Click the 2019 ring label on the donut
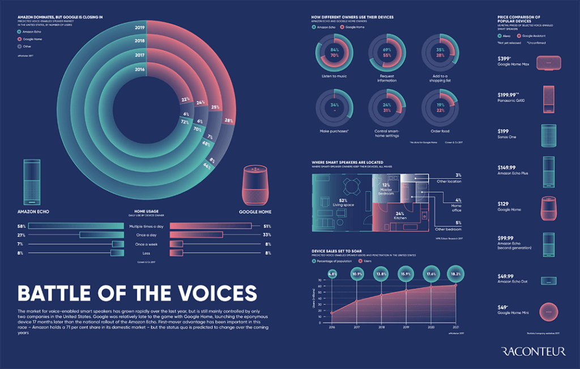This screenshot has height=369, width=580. pos(139,27)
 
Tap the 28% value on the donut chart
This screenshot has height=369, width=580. pos(228,121)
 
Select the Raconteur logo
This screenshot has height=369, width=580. pos(534,352)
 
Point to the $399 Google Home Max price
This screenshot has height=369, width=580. pos(504,58)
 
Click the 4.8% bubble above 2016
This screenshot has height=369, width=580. pos(332,274)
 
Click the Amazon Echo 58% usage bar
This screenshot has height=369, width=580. pos(76,226)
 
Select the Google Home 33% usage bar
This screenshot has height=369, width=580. pos(196,235)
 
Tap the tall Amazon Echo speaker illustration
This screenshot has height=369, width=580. pos(32,181)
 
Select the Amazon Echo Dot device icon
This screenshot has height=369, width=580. pos(548,280)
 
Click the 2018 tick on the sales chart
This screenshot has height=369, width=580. pos(382,326)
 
